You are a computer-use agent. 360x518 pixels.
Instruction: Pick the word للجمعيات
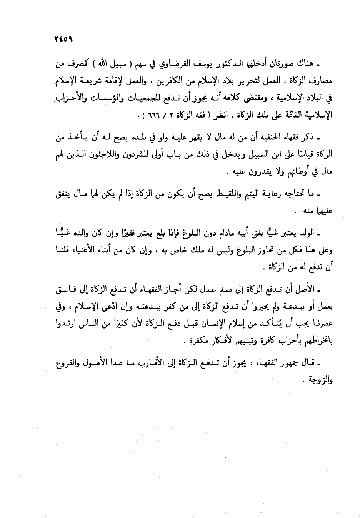(146, 98)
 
